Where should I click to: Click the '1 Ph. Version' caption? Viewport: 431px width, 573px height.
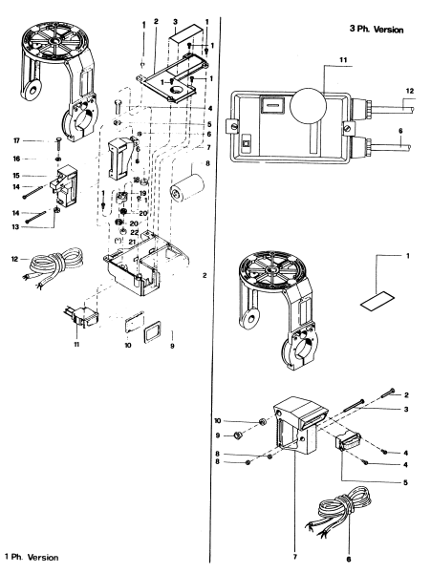[x=32, y=557]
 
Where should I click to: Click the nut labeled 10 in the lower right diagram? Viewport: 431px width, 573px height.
[x=261, y=420]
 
